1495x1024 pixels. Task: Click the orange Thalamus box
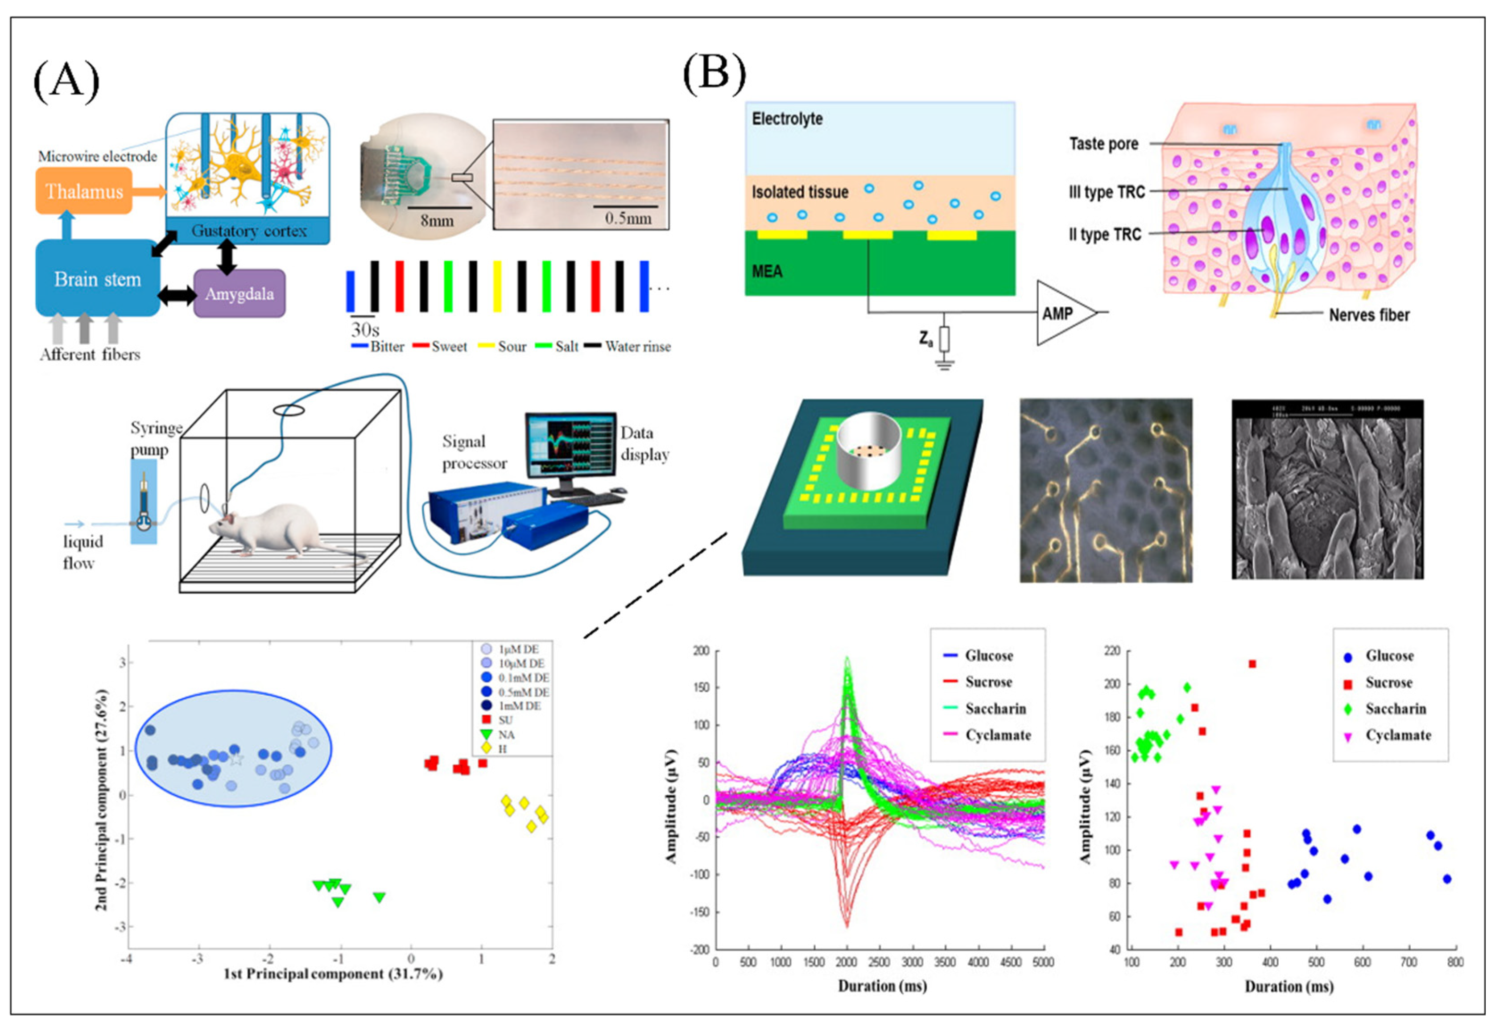coord(84,191)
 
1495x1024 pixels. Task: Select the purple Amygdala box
coord(240,294)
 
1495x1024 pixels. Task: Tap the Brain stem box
coord(97,279)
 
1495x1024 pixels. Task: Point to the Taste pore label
coord(1103,144)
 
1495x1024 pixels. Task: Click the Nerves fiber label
coord(1369,315)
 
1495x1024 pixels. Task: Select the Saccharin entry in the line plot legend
coord(995,708)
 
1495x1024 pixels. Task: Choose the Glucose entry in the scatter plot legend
coord(1389,656)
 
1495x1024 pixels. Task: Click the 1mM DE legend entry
coord(519,706)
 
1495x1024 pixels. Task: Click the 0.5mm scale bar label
coord(628,218)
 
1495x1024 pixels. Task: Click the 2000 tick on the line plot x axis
coord(847,962)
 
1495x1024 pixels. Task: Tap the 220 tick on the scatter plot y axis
coord(1112,652)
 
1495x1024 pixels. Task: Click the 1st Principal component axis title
coord(333,974)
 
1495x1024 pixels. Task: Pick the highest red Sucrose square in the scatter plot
coord(1252,664)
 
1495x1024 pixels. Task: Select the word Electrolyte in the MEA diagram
coord(787,119)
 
